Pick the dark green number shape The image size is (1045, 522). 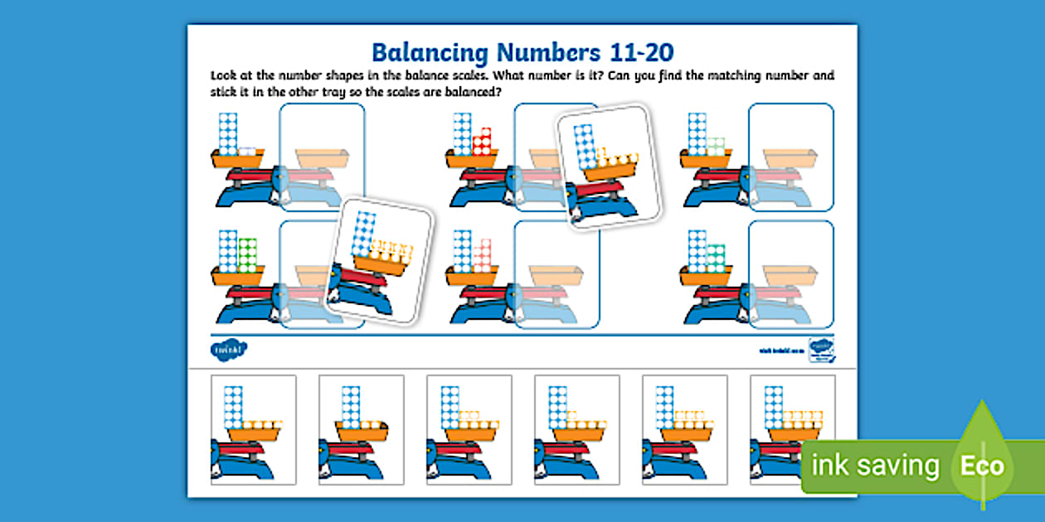(x=247, y=255)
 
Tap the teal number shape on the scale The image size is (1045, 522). (x=716, y=258)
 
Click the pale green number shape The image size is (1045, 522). (x=716, y=146)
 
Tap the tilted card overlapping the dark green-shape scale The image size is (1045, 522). (x=380, y=259)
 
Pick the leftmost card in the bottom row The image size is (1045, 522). (x=253, y=429)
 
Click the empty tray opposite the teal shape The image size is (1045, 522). (x=790, y=273)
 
